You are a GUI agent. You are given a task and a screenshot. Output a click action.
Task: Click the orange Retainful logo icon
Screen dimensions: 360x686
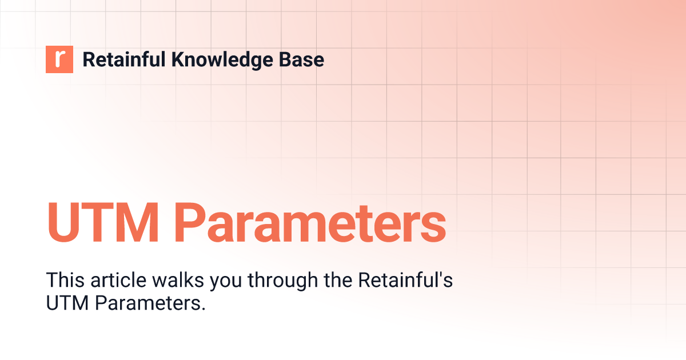(59, 59)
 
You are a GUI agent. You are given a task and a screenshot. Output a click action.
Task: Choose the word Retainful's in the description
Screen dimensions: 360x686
(405, 281)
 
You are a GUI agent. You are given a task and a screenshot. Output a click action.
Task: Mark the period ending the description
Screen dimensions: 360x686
(203, 310)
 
